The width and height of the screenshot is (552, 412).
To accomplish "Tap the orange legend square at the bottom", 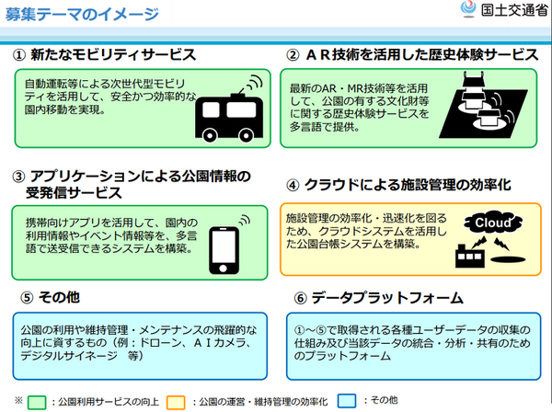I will [x=178, y=402].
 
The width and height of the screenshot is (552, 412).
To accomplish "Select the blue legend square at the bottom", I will [x=346, y=402].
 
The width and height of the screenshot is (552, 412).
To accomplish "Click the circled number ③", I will [x=17, y=176].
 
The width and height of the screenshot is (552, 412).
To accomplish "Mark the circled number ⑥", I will [x=298, y=299].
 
